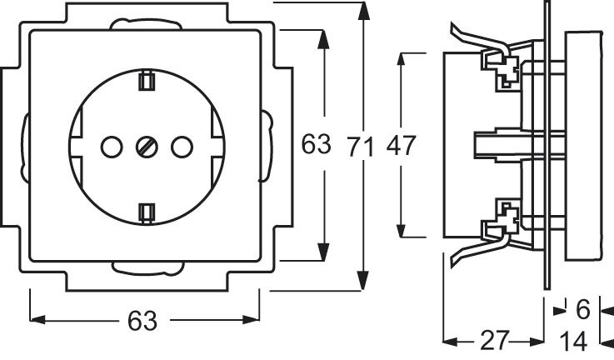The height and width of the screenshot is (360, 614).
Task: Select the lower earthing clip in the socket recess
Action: click(147, 212)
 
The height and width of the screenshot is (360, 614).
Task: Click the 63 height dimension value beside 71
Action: click(316, 146)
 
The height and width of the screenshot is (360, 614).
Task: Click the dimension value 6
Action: click(583, 310)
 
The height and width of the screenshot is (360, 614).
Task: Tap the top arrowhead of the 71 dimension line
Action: click(362, 10)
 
